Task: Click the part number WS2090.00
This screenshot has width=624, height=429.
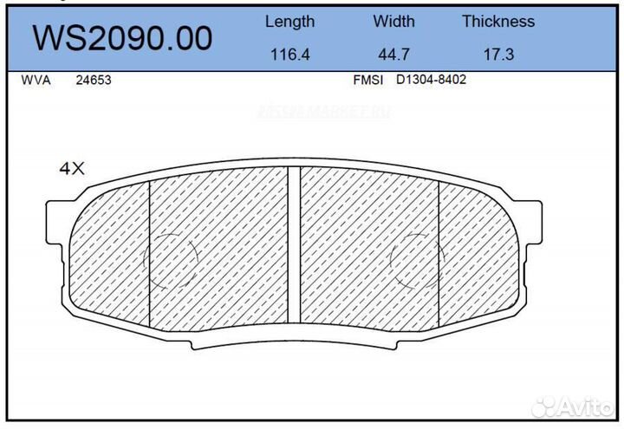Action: click(122, 39)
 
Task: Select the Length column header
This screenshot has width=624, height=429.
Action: click(289, 22)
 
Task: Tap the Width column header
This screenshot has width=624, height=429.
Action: click(393, 22)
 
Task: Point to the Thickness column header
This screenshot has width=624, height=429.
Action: click(498, 22)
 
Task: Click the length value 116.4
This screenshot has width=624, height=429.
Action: click(289, 54)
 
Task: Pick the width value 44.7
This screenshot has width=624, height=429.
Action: click(393, 54)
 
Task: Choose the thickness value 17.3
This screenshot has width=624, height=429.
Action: click(498, 54)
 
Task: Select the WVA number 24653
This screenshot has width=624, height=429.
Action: click(94, 80)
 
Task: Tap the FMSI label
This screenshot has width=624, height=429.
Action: click(367, 80)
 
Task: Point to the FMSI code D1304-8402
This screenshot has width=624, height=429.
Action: click(431, 80)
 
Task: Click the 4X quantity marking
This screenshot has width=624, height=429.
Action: click(72, 169)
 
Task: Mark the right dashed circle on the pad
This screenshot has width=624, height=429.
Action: click(418, 261)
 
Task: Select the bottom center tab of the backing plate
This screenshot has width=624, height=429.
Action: click(294, 341)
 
